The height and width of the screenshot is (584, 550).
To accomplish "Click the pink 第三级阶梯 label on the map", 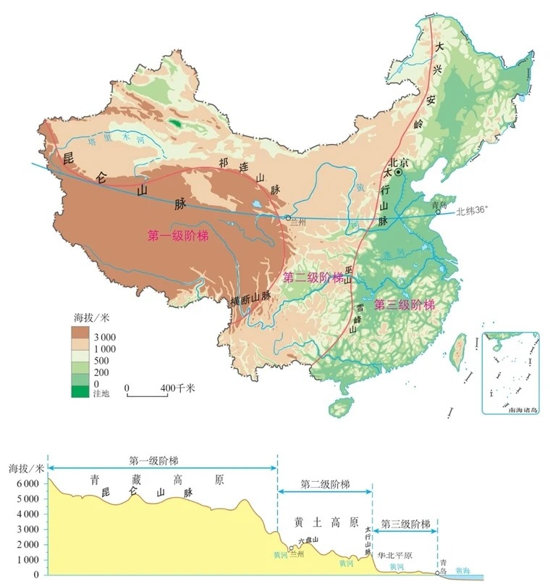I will coord(404,304).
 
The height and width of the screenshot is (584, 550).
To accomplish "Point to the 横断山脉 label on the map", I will coord(250,297).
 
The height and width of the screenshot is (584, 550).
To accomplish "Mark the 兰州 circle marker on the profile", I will coord(291,548).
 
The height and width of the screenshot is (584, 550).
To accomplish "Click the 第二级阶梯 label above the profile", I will coord(325,484).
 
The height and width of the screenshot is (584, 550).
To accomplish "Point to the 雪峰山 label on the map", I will coord(356,317).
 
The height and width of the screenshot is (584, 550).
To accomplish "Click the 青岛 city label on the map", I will coord(438,205).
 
